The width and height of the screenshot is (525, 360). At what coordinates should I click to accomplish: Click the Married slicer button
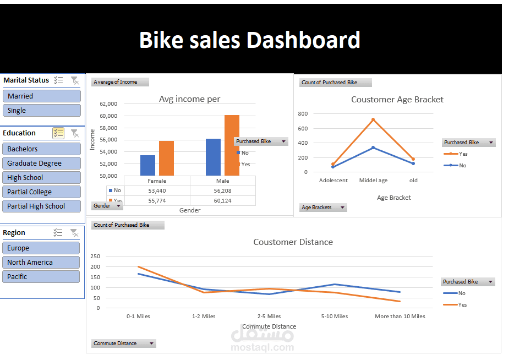click(42, 96)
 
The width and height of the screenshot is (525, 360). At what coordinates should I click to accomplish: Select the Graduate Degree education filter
click(41, 163)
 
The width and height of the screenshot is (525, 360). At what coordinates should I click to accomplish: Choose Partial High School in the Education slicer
click(41, 206)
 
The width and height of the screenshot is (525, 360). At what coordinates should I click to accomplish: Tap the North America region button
click(41, 262)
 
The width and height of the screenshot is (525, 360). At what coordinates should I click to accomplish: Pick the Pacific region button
click(41, 277)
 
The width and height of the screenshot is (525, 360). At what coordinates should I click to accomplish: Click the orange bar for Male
click(232, 145)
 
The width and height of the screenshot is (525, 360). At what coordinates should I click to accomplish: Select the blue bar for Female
click(147, 166)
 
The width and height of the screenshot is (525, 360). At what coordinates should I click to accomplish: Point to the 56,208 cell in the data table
click(223, 191)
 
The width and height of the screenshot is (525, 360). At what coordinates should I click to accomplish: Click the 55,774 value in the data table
click(157, 201)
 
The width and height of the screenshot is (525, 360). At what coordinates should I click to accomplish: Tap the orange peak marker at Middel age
click(373, 119)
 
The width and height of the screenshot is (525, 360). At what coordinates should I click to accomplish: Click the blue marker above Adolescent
click(333, 167)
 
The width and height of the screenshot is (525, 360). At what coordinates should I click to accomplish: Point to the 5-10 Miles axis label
click(335, 317)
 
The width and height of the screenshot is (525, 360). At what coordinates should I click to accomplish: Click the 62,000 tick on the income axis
click(108, 104)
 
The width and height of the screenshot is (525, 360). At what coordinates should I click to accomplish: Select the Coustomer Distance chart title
click(293, 242)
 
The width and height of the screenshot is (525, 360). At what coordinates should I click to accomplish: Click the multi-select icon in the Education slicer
click(58, 133)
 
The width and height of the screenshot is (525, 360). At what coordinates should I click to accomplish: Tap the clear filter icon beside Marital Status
click(75, 80)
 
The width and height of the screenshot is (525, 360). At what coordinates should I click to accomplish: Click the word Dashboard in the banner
click(303, 40)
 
